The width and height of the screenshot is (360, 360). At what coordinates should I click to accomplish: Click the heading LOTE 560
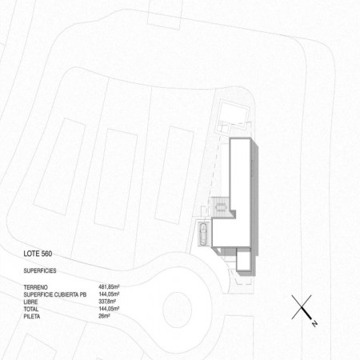click(38, 254)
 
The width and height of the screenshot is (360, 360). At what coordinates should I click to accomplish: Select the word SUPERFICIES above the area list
click(40, 270)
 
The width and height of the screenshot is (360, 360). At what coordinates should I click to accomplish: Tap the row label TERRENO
click(36, 287)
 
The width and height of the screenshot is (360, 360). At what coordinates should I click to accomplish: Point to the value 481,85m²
click(109, 287)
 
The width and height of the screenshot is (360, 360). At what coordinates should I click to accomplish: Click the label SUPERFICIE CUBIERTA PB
click(55, 294)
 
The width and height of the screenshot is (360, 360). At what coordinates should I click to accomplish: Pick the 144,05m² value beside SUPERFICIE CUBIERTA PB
click(109, 294)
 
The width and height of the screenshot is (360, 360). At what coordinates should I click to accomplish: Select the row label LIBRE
click(30, 302)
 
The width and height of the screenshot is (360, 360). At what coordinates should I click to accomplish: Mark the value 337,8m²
click(107, 302)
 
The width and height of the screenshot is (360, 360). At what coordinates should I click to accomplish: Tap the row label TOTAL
click(31, 309)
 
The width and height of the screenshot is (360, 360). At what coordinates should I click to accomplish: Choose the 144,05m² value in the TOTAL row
click(109, 309)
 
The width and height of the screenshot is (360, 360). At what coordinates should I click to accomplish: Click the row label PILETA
click(32, 316)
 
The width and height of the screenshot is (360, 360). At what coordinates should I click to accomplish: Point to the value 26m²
click(104, 316)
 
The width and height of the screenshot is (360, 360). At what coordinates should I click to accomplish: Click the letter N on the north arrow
click(314, 323)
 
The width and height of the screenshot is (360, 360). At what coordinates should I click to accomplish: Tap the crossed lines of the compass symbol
click(302, 307)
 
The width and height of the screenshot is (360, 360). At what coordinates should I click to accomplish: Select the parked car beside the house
click(204, 234)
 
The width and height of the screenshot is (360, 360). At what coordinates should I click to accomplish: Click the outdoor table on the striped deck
click(221, 207)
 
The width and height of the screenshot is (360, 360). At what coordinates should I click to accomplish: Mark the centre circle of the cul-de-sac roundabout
click(177, 310)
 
